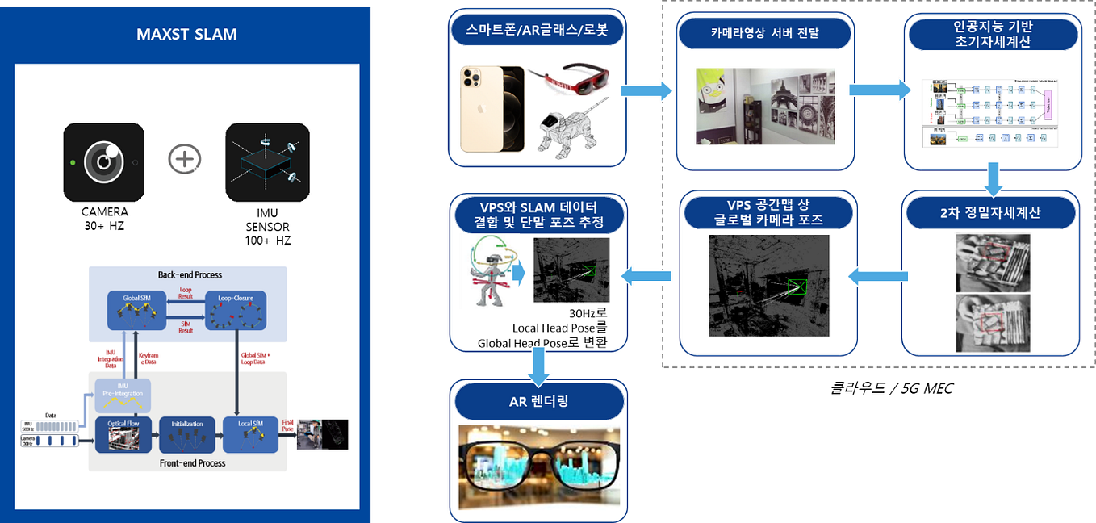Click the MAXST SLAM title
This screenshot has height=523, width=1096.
click(x=186, y=35)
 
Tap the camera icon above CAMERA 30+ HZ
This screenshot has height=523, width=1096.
click(x=104, y=161)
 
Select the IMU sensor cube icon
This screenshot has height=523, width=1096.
click(x=267, y=161)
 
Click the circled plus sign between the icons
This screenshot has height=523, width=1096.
click(x=185, y=159)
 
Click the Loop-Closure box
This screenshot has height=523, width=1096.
click(x=236, y=311)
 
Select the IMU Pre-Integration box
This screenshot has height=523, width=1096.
click(x=123, y=395)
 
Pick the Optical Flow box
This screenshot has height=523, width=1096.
click(x=123, y=434)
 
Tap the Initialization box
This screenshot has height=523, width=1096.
click(x=187, y=434)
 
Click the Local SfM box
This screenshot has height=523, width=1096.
click(x=250, y=434)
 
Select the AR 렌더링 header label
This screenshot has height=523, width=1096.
click(x=539, y=401)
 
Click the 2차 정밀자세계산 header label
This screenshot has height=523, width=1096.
click(x=990, y=212)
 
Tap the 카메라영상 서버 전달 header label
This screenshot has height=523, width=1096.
click(x=764, y=33)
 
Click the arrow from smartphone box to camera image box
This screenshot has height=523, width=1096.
click(x=651, y=90)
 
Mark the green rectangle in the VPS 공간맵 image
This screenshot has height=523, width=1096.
click(x=795, y=287)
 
